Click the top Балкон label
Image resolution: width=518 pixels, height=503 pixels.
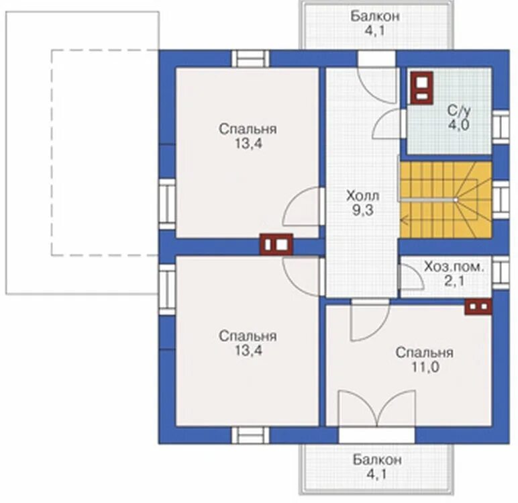375,16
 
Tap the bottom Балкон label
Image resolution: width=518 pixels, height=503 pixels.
377,460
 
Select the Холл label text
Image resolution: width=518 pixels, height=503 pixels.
362,196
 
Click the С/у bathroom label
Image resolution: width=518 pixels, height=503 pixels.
459,111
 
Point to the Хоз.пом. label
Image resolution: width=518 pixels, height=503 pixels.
454,267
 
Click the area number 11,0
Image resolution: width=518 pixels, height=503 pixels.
425,367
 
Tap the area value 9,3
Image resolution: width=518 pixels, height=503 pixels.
362,210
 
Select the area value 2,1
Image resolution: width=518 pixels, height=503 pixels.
454,281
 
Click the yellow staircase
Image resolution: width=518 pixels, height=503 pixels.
446,199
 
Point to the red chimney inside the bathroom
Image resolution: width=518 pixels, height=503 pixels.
421,87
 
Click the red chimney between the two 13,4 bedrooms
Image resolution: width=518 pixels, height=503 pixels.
276,244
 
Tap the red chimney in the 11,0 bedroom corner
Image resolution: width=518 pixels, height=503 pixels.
478,307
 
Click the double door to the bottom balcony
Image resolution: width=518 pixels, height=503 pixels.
376,409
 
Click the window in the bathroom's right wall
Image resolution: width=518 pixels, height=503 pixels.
501,127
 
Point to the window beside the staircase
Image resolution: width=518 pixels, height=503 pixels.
501,199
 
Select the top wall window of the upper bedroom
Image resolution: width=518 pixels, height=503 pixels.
250,58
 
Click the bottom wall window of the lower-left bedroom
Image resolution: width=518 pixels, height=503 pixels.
250,435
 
